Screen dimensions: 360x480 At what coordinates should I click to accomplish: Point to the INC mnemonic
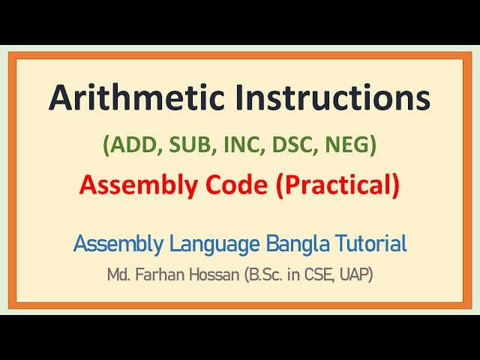coord(234,145)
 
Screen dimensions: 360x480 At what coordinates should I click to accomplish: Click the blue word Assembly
coord(117,244)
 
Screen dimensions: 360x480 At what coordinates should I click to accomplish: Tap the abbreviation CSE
coord(316,274)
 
